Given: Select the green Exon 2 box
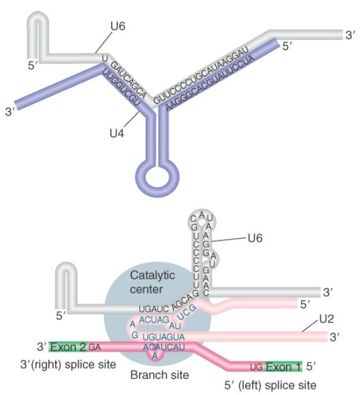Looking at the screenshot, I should pos(68,347).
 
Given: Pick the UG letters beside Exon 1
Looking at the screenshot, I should pos(257,367).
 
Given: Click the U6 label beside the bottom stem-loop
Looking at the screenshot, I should pos(255,239).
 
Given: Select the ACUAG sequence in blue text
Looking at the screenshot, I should pos(153,319).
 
